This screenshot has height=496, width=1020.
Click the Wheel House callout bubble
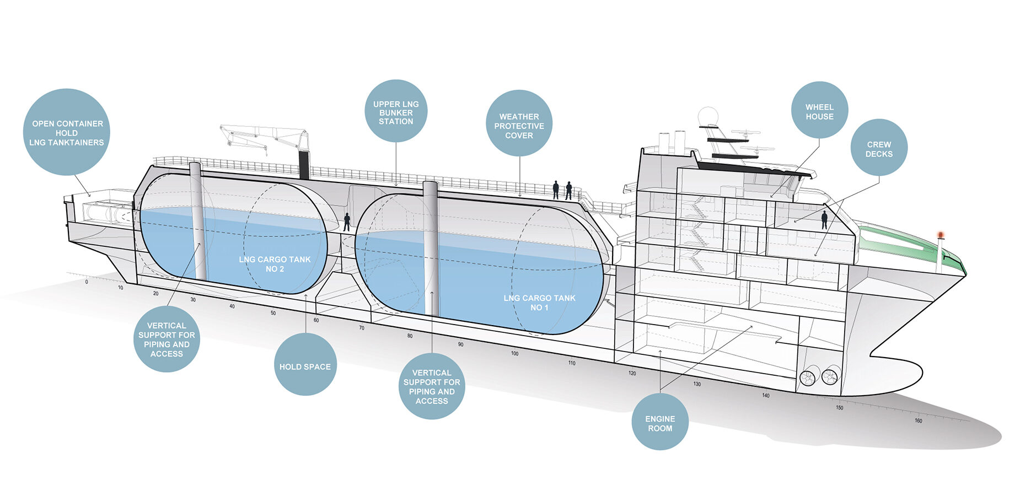tap(819, 110)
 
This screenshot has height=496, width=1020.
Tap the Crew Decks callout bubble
tap(879, 148)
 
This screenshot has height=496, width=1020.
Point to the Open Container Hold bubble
tap(67, 132)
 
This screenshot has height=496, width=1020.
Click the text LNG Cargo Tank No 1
tap(539, 303)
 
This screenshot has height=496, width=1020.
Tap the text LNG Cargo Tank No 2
tap(275, 264)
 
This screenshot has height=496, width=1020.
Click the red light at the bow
tap(941, 235)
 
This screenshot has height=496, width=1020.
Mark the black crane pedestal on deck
tap(304, 164)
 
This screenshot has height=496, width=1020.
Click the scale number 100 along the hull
tap(514, 353)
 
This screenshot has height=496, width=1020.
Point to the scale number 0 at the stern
tap(87, 282)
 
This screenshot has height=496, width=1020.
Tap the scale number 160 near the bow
tap(918, 420)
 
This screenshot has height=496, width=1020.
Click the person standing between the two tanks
tap(347, 222)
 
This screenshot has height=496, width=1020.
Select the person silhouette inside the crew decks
tap(824, 220)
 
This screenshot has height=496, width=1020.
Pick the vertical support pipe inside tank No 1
tap(431, 249)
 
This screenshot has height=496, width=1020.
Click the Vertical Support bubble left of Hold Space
tap(167, 339)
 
